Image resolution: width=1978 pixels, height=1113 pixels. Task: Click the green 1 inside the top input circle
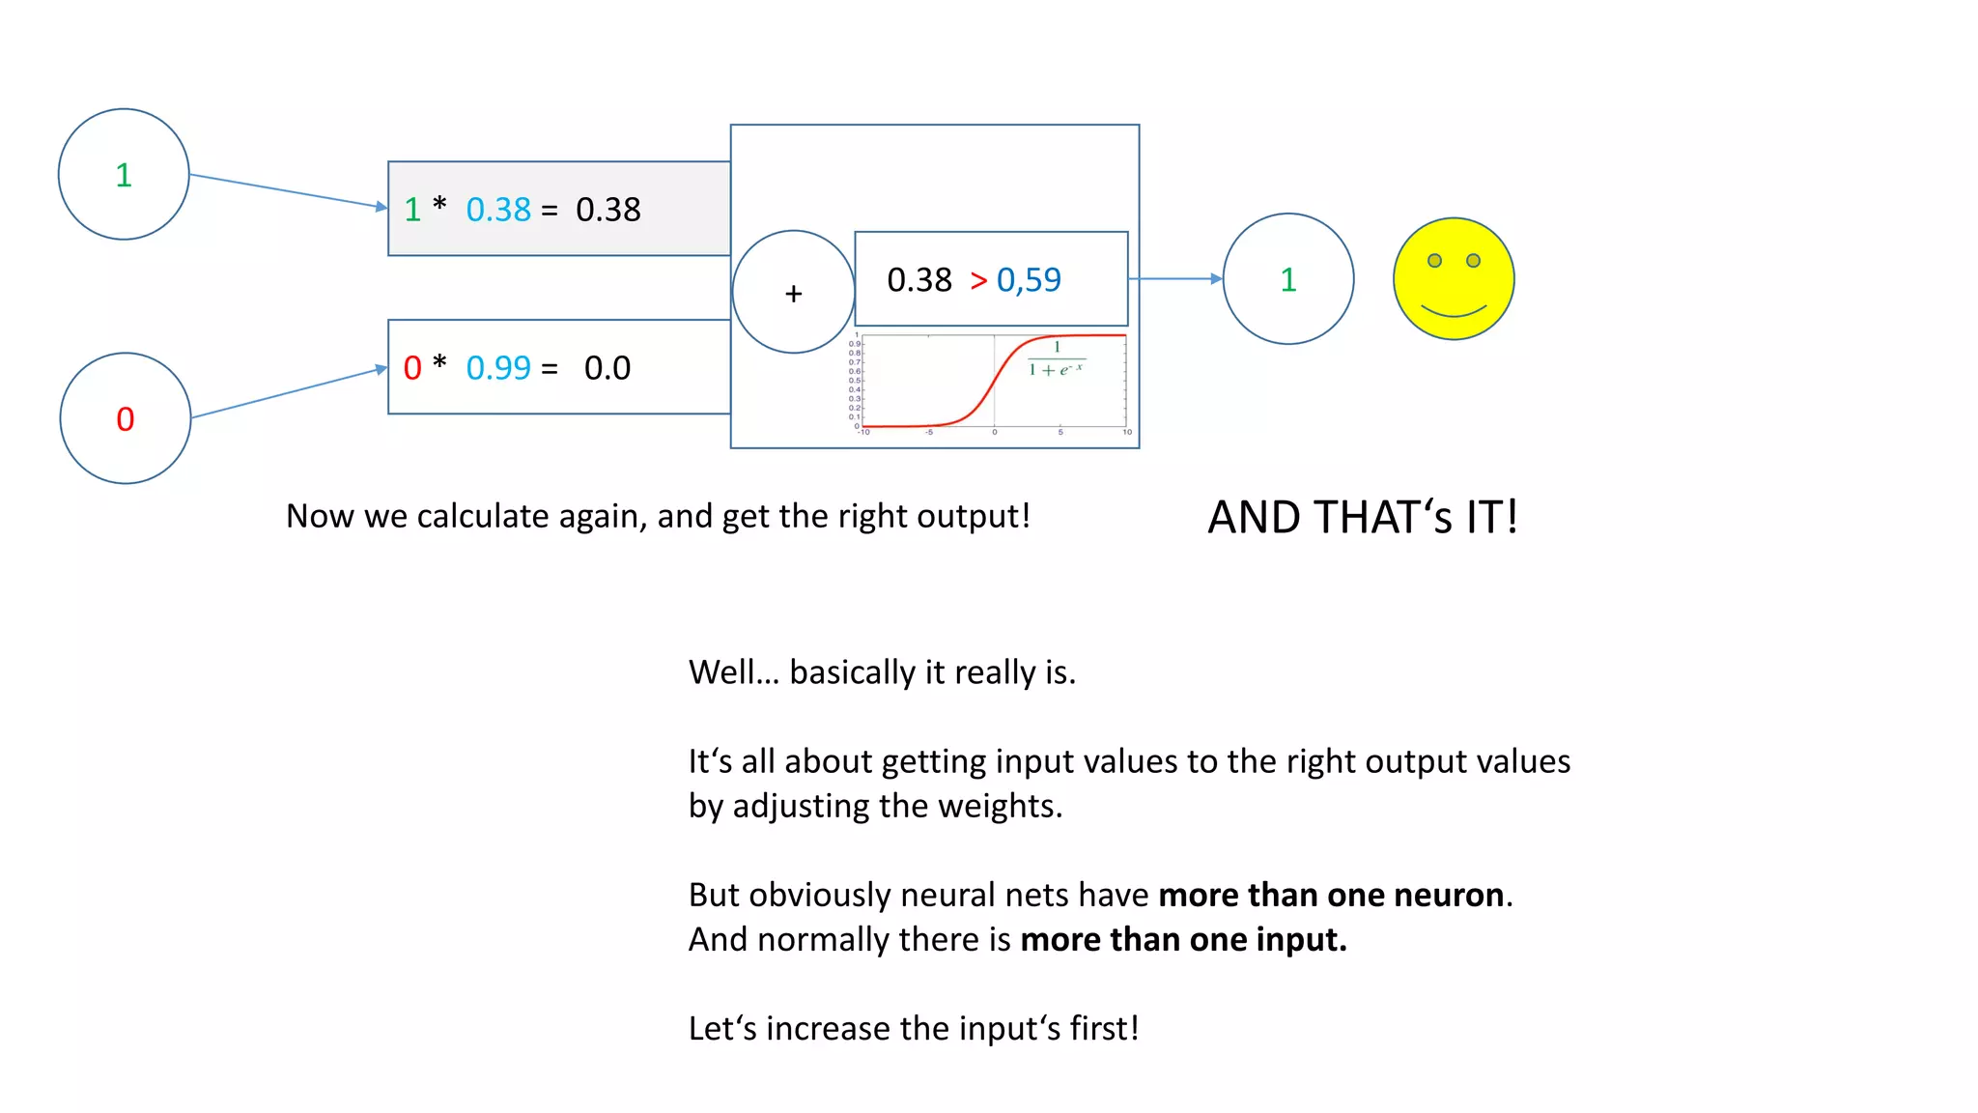124,175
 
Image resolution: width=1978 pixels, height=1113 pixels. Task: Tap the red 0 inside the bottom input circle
126,419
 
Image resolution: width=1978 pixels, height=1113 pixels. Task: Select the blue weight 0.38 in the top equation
498,210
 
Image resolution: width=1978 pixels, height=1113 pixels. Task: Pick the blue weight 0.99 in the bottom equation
498,368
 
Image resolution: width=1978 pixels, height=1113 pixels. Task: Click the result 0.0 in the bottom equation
607,368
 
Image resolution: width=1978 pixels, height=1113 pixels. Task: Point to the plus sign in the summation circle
794,294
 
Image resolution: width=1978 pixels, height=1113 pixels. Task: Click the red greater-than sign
978,280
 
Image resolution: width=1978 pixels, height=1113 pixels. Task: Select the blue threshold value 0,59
1029,280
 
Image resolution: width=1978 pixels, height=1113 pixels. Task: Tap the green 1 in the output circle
1288,280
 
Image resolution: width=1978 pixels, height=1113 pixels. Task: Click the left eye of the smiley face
1434,261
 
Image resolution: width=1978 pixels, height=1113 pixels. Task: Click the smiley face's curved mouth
1454,311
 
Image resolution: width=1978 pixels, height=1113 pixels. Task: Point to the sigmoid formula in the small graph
1056,359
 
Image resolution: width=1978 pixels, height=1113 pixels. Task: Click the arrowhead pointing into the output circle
1216,279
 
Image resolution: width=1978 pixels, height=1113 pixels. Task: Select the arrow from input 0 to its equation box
289,393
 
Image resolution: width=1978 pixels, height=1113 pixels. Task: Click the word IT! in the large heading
1491,518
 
